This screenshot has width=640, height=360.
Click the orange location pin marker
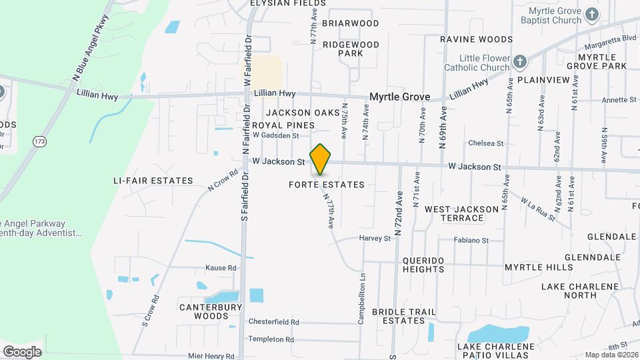click(x=321, y=159)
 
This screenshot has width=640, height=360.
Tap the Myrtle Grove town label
click(x=400, y=97)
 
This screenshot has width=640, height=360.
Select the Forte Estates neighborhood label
click(x=327, y=185)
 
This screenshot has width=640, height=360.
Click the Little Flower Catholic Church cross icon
click(x=520, y=63)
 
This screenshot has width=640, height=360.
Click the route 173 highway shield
click(x=39, y=141)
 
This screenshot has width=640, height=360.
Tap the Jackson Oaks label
click(x=303, y=113)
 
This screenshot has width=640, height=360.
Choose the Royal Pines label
click(x=283, y=125)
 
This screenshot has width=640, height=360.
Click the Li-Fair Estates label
click(x=153, y=181)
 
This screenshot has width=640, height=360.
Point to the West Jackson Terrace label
click(x=462, y=213)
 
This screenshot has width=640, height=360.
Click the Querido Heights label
click(x=423, y=264)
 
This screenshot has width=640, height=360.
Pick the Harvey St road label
click(x=375, y=238)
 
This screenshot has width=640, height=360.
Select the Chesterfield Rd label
click(x=273, y=321)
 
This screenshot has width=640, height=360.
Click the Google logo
click(x=23, y=351)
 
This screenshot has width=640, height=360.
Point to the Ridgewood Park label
click(x=351, y=49)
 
